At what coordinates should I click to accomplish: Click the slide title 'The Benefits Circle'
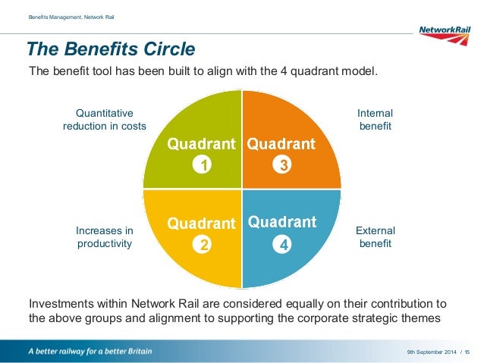tap(111, 50)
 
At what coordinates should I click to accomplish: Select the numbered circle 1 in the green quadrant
tap(202, 164)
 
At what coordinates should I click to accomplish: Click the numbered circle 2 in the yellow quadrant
tap(202, 245)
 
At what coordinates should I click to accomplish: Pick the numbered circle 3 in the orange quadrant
tap(282, 164)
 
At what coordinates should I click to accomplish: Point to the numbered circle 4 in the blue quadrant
tap(282, 245)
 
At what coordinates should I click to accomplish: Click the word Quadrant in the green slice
tap(201, 143)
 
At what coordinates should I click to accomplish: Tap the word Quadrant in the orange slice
tap(281, 143)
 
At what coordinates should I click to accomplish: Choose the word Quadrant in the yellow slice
tap(201, 224)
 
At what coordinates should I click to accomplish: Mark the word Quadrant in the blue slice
tap(281, 223)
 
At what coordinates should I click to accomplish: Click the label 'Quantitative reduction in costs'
tap(105, 120)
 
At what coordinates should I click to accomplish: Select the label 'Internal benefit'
tap(375, 120)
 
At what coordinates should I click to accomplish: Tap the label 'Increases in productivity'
tap(105, 237)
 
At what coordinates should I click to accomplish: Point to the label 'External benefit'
tap(375, 237)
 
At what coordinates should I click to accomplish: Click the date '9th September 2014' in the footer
tap(430, 352)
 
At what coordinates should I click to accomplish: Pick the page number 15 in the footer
tap(467, 352)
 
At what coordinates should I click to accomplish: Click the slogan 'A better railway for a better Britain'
tap(90, 352)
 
